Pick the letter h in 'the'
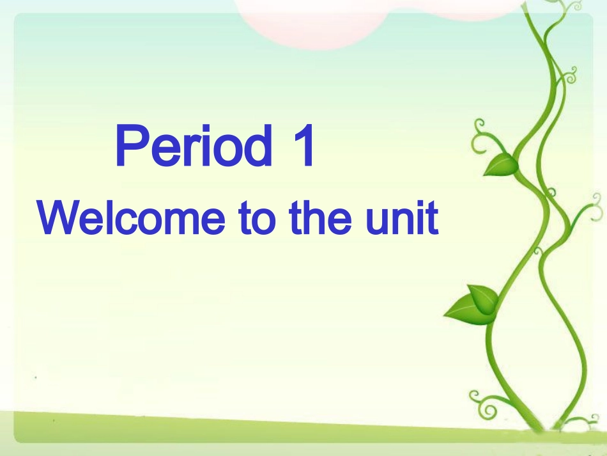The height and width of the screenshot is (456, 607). (x=319, y=217)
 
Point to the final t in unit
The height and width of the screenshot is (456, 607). (x=433, y=219)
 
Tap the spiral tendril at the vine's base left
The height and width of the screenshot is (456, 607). (x=483, y=403)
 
